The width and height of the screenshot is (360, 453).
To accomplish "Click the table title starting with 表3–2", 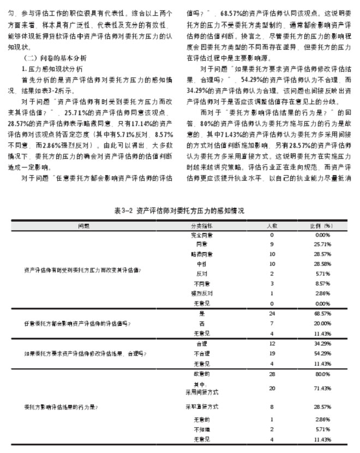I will point(180,210).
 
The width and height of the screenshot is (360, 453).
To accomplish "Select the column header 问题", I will point(84,225).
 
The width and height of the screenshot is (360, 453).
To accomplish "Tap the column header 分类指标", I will point(202,225).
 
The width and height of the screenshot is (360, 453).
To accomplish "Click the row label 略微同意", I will point(202,254).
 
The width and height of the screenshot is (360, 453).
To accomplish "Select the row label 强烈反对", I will point(202,293).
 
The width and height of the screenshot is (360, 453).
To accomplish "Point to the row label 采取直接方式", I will point(202,407).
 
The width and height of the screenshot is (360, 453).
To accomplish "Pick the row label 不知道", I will point(202,430).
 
